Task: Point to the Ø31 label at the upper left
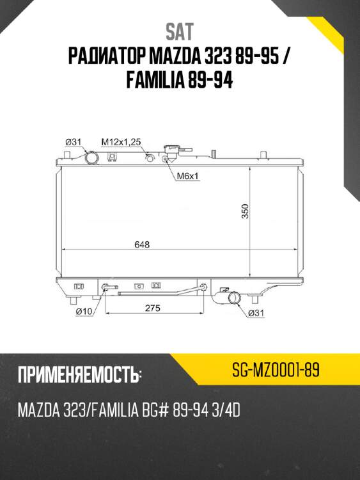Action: click(75, 141)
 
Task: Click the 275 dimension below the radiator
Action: click(152, 308)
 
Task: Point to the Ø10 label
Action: click(83, 312)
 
